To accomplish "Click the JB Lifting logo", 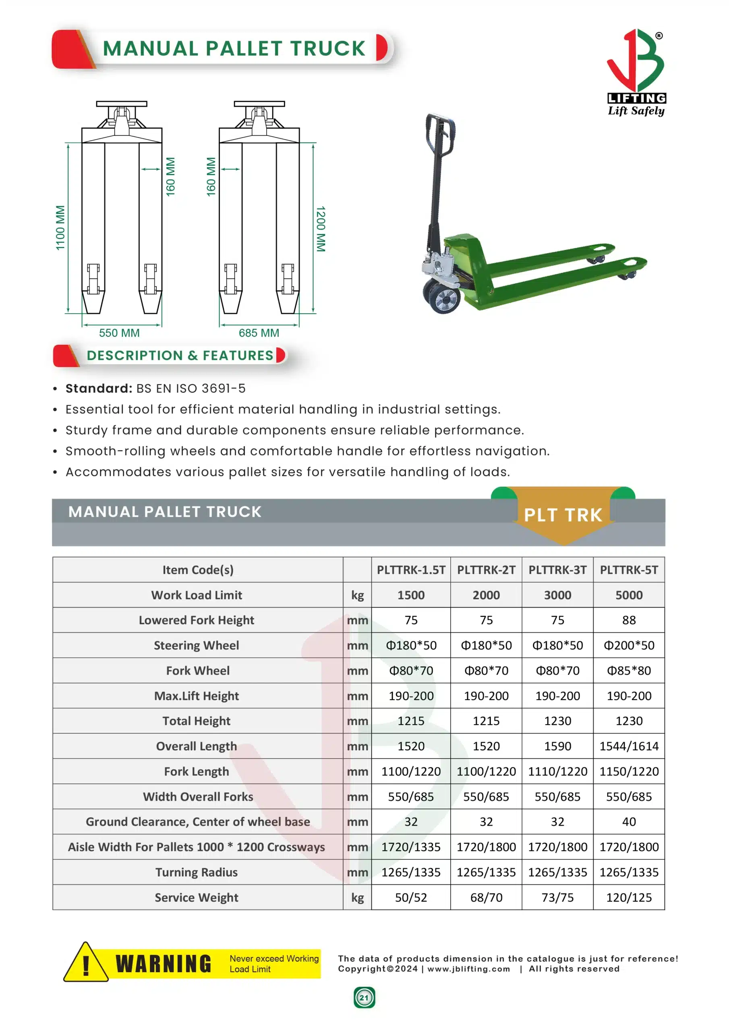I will pos(636,72).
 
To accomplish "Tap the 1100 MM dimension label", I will pos(60,228).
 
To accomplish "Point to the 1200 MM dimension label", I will pos(320,229).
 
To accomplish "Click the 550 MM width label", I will pos(119,333).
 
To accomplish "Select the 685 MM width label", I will pos(259,333).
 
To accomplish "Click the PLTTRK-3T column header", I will pos(557,570).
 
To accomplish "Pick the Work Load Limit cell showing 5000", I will pos(629,595).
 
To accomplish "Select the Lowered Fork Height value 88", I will pos(629,620).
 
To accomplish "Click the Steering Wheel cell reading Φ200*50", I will pos(629,645).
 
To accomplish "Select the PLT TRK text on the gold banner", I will pos(563,515).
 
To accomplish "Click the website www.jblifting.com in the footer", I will pos(468,969).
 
